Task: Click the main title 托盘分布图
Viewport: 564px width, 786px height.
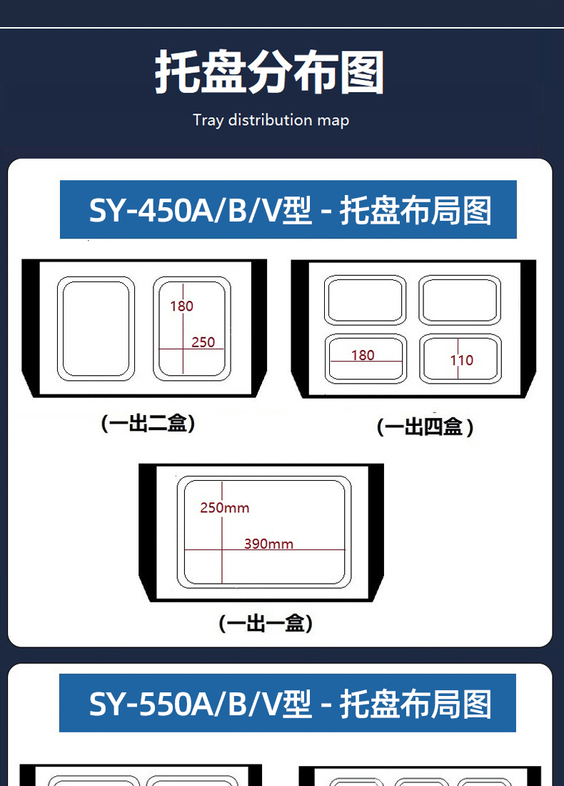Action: [x=269, y=72]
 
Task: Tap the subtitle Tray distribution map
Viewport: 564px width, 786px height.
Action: [x=271, y=120]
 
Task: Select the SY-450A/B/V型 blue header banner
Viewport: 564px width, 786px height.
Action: [x=288, y=209]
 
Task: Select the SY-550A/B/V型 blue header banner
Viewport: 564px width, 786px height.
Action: [x=288, y=703]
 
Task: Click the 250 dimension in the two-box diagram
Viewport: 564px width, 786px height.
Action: [x=203, y=342]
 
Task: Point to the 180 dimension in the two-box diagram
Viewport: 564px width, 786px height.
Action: [x=181, y=306]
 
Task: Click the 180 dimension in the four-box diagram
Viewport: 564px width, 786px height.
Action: [x=363, y=355]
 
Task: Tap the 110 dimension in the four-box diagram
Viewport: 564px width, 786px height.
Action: [x=462, y=360]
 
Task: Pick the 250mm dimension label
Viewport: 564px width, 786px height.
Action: [x=224, y=508]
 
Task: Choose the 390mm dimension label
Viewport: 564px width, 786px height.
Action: [x=268, y=543]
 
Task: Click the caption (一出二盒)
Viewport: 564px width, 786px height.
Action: [x=148, y=423]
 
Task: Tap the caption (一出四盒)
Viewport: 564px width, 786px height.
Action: [x=425, y=427]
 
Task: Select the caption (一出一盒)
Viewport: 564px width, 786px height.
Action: [x=266, y=623]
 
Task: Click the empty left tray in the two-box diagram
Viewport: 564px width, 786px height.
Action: [x=96, y=329]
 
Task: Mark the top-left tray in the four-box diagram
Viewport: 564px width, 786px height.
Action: [x=365, y=300]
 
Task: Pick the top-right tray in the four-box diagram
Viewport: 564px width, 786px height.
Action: [x=460, y=300]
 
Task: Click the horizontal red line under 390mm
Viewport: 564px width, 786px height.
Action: [x=265, y=550]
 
